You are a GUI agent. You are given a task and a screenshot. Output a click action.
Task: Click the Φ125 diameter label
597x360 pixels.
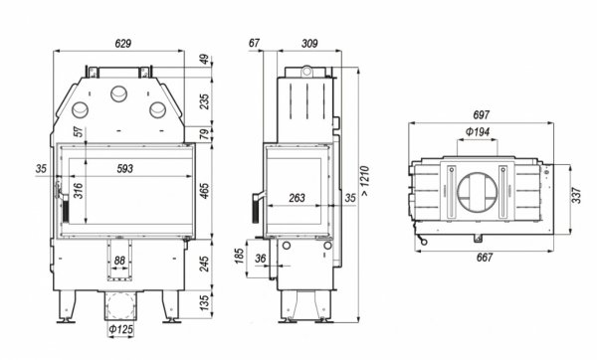[x=120, y=329]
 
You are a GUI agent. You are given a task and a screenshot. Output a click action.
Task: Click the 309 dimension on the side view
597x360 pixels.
[x=310, y=45]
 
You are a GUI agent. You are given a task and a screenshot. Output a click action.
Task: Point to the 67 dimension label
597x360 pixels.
[x=255, y=45]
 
